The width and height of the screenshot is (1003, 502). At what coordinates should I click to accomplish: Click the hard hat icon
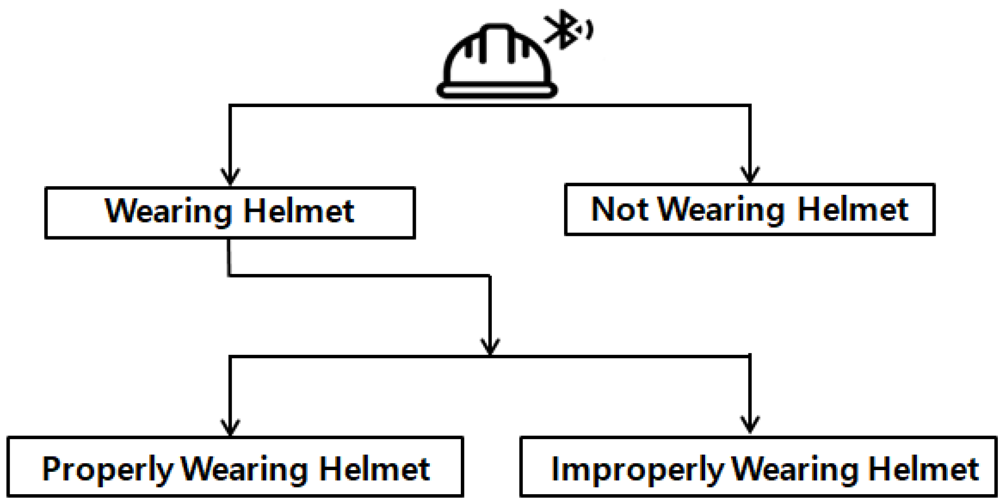click(x=497, y=61)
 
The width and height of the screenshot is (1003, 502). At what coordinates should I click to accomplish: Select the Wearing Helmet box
click(x=230, y=213)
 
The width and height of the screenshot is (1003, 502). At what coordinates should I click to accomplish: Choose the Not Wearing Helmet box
click(x=749, y=210)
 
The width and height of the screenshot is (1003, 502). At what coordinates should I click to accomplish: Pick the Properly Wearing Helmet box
click(x=235, y=467)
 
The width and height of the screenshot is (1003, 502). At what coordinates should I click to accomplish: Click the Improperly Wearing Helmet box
click(x=758, y=467)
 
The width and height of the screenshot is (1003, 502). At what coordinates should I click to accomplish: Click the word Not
click(x=619, y=209)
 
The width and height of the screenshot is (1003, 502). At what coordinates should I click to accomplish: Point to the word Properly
click(x=107, y=469)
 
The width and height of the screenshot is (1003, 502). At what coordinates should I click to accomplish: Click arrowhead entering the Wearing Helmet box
click(x=230, y=177)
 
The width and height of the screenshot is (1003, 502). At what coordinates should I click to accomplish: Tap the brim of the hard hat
click(x=497, y=90)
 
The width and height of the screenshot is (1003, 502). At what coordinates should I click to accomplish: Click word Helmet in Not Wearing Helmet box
click(x=853, y=209)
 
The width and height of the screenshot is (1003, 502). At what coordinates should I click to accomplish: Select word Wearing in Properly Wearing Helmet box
click(x=244, y=469)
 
